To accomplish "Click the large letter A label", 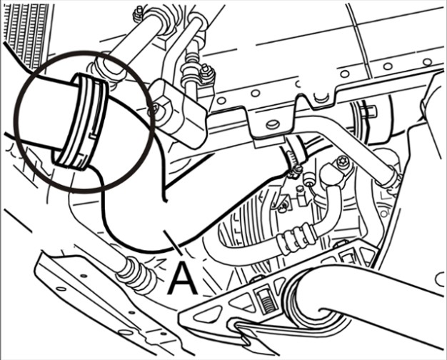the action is point(183,278).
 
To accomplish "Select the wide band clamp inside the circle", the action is point(81,122).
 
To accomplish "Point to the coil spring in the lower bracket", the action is point(267,303).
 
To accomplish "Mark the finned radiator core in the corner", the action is point(26,34).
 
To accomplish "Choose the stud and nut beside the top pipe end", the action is point(139,13).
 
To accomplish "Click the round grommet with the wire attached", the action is point(308,179).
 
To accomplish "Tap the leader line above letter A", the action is point(173,243).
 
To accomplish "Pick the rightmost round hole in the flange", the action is point(427,62).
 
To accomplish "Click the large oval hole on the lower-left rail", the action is point(126,333).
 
